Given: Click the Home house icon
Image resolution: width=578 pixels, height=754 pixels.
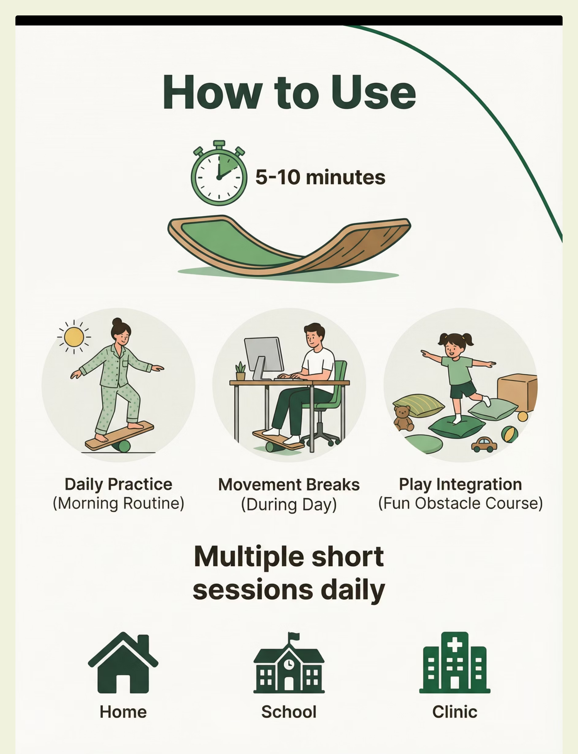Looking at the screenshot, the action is tap(123, 663).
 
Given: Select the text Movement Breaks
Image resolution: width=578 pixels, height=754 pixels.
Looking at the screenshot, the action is tap(289, 485).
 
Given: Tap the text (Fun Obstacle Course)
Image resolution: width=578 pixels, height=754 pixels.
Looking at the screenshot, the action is tap(460, 503).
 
